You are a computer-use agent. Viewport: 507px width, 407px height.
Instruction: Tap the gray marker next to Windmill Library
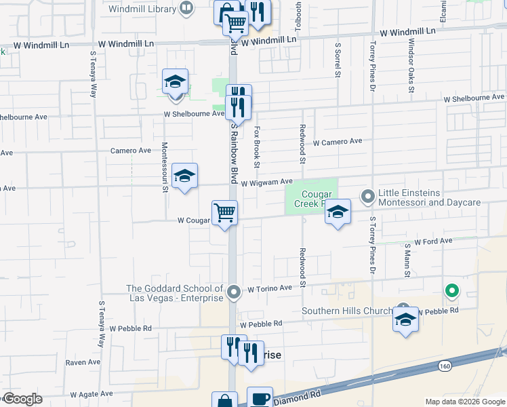[187, 8]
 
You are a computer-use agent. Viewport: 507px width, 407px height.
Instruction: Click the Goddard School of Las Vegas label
[175, 293]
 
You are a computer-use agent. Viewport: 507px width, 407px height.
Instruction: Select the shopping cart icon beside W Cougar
[224, 213]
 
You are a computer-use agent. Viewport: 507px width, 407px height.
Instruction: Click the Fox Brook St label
[257, 146]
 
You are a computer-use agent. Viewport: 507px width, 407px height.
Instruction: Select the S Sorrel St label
[337, 58]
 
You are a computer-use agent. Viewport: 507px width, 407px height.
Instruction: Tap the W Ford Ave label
[433, 241]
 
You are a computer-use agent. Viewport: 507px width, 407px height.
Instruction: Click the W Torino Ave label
[269, 288]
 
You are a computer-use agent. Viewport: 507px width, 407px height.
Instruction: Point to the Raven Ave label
[83, 362]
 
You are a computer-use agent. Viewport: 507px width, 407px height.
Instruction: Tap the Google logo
[22, 399]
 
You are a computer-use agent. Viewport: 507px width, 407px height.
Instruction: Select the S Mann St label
[407, 260]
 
